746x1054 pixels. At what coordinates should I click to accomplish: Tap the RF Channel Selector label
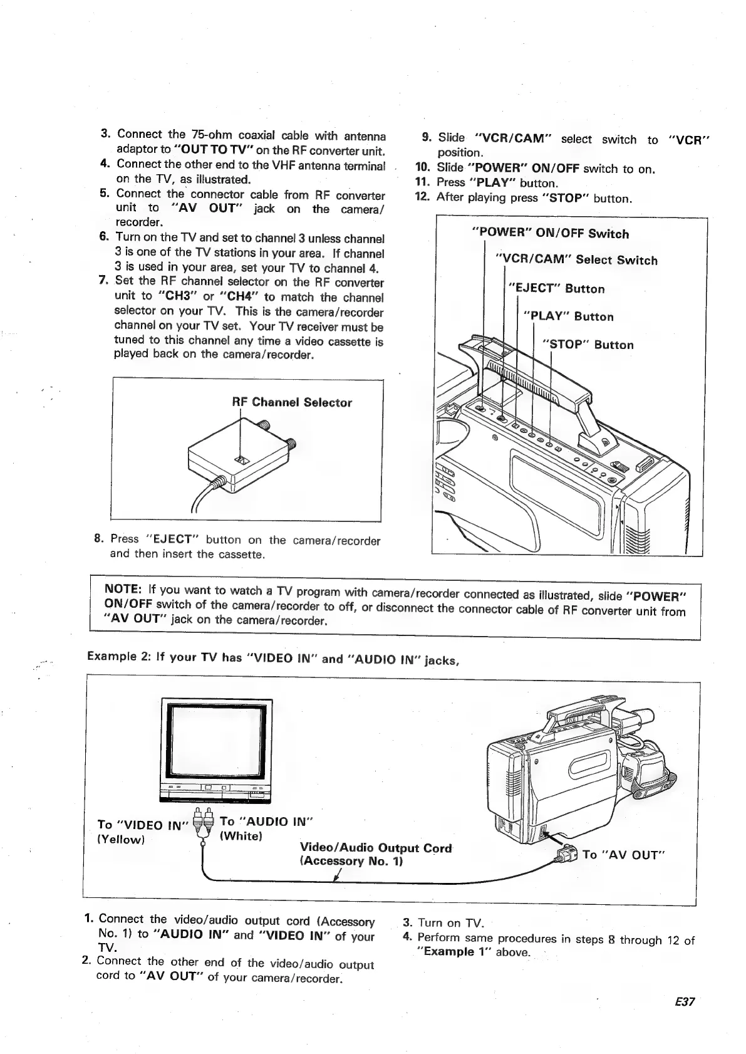point(292,402)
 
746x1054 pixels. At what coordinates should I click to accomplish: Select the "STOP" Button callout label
point(588,345)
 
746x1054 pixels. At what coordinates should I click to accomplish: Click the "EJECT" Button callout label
point(556,289)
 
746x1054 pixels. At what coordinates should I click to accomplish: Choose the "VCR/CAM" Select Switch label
point(576,260)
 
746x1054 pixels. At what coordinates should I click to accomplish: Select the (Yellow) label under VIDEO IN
point(121,839)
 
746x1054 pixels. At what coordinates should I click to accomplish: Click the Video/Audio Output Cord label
point(376,848)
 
